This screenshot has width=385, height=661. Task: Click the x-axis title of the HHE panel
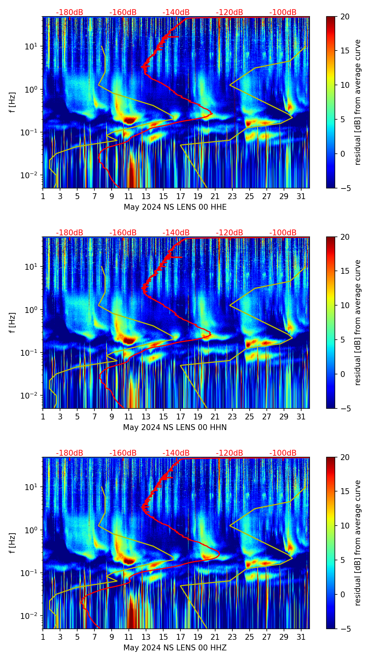(x=175, y=207)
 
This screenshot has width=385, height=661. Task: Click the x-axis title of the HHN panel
(x=175, y=427)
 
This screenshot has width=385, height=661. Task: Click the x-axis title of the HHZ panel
(x=175, y=648)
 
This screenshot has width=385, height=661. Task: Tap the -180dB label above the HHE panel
(x=70, y=12)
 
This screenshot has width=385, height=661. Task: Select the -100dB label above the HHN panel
(x=283, y=233)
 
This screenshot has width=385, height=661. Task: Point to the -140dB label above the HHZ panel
(x=176, y=453)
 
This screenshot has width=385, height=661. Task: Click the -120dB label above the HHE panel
(x=229, y=12)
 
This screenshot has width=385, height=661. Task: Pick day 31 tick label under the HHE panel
(x=301, y=197)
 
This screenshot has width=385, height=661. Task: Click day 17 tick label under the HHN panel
(x=181, y=417)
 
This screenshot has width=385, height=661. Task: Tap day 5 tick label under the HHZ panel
(x=77, y=637)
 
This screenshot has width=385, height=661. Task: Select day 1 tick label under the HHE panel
(x=43, y=197)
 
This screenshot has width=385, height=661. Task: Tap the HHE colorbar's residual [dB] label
(x=358, y=102)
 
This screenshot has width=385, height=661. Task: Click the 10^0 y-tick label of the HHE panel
(x=32, y=89)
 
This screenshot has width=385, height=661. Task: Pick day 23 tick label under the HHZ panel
(x=232, y=637)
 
